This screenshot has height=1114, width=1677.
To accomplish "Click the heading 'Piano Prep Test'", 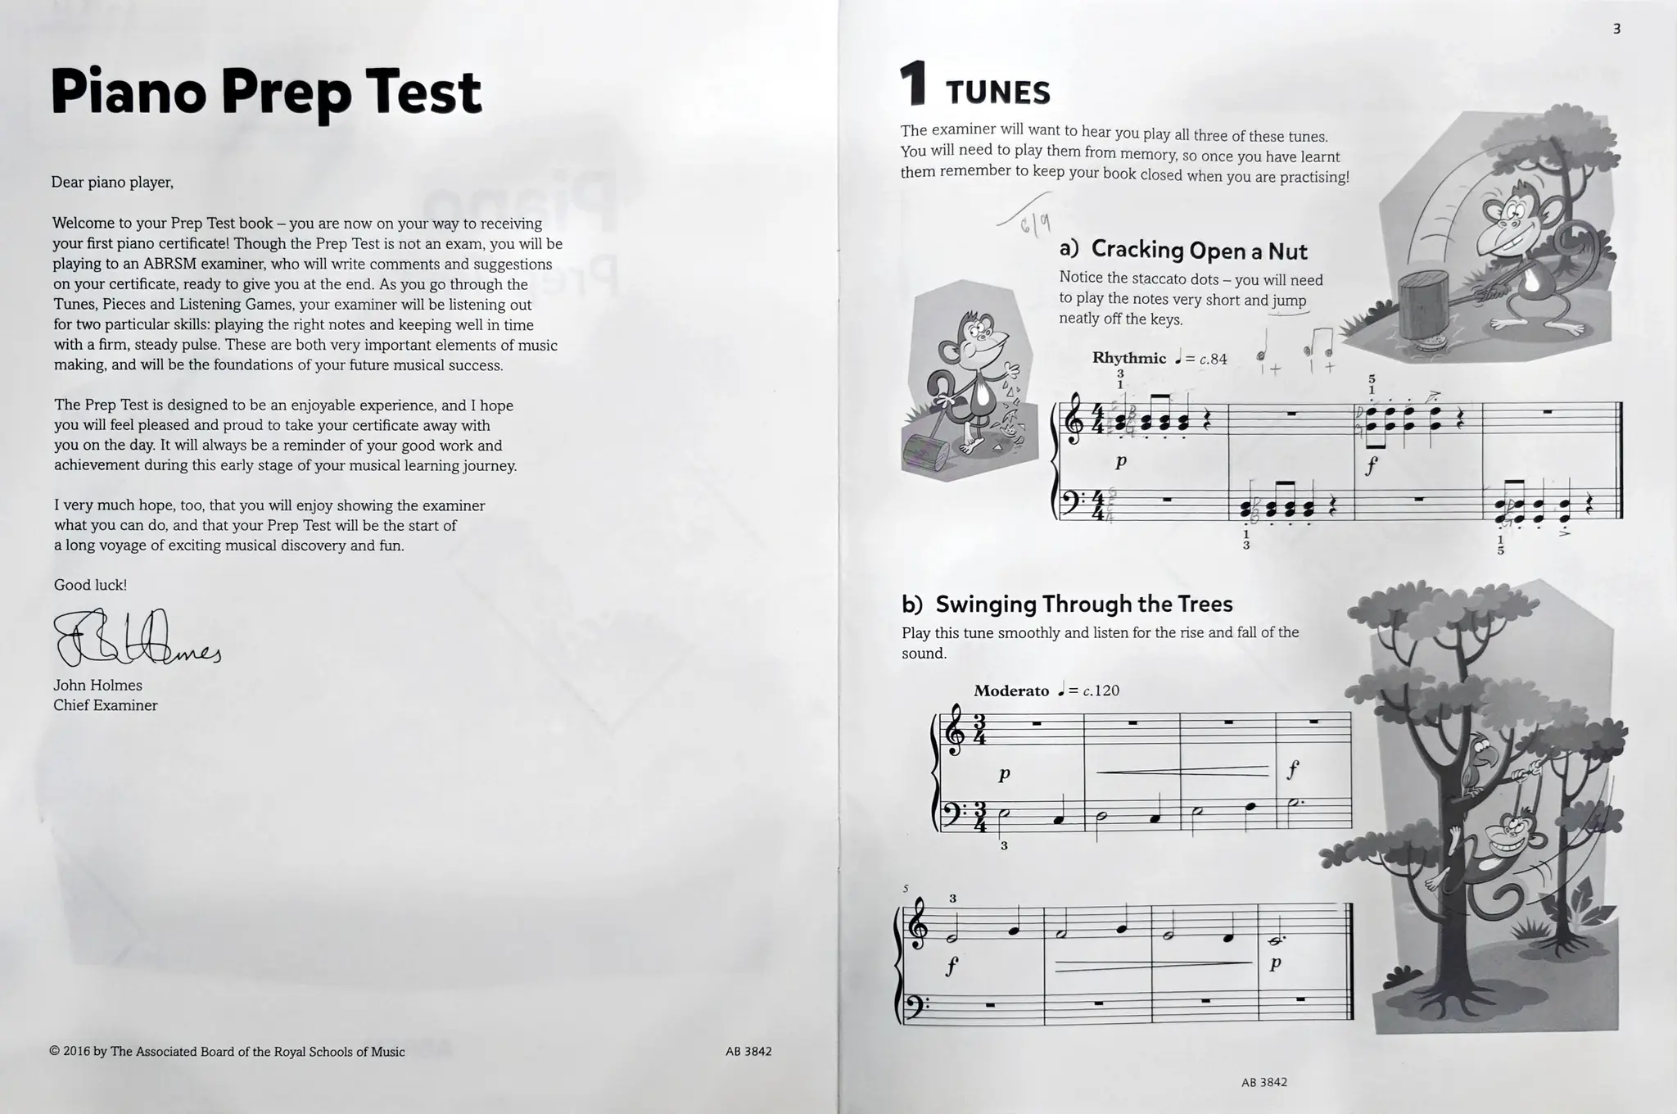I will [x=266, y=92].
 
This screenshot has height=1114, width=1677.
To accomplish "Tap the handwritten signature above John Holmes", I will [x=135, y=639].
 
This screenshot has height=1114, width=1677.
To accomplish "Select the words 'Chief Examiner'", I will [x=105, y=705].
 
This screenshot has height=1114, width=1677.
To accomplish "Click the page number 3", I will [x=1616, y=29].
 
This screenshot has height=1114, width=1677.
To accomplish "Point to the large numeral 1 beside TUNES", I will [x=913, y=85].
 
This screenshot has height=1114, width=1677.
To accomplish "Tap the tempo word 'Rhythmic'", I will [x=1128, y=358].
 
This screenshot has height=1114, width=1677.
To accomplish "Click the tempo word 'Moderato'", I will [x=1010, y=691].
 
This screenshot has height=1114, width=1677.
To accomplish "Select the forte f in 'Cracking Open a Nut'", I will [x=1371, y=466].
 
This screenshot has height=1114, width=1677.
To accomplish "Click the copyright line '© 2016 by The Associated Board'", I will [x=227, y=1052].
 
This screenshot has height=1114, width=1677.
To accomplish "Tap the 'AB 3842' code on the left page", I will [x=748, y=1052].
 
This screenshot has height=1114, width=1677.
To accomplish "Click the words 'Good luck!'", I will [x=90, y=585].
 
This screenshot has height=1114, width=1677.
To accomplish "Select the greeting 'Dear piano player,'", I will [x=112, y=183].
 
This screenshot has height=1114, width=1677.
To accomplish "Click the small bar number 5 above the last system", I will [x=905, y=889].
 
